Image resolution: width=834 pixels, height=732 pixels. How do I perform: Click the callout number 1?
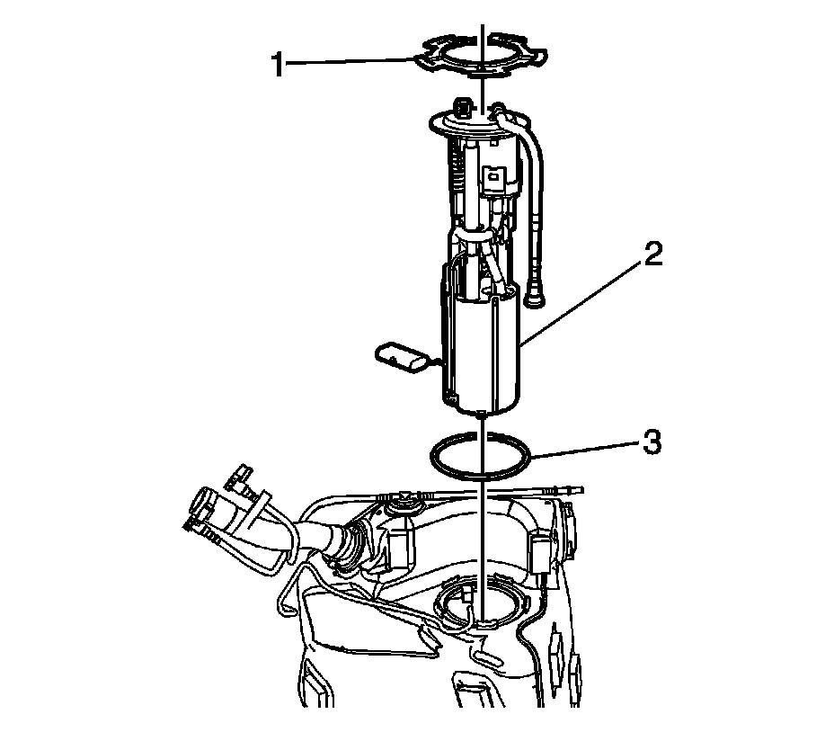(278, 65)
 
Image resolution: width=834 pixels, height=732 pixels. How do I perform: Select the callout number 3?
(652, 442)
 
